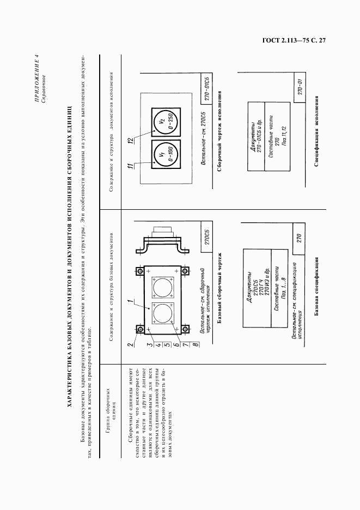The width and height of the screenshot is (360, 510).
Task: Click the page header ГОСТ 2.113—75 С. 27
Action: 294,41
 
